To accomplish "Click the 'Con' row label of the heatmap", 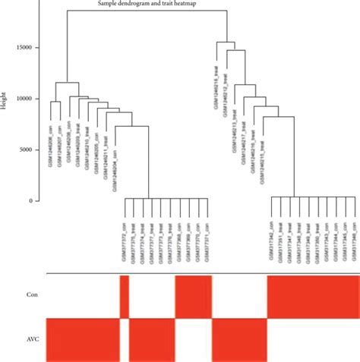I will pyautogui.click(x=30, y=295).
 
